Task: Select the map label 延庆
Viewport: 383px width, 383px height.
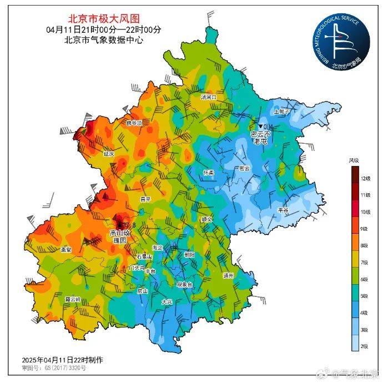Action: point(108,153)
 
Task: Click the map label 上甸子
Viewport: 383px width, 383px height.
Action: point(282,111)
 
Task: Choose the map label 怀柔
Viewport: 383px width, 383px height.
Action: point(209,172)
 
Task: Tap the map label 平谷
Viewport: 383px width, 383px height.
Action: point(283,210)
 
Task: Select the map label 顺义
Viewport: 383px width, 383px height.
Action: point(206,220)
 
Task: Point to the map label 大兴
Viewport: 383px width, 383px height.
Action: point(167,302)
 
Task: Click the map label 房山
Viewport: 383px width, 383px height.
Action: point(143,291)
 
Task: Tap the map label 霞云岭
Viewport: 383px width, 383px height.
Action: point(73,299)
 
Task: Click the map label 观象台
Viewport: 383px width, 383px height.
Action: point(184,284)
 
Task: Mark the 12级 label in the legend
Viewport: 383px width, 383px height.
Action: point(364,179)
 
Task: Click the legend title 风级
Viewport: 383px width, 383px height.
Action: point(354,160)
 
